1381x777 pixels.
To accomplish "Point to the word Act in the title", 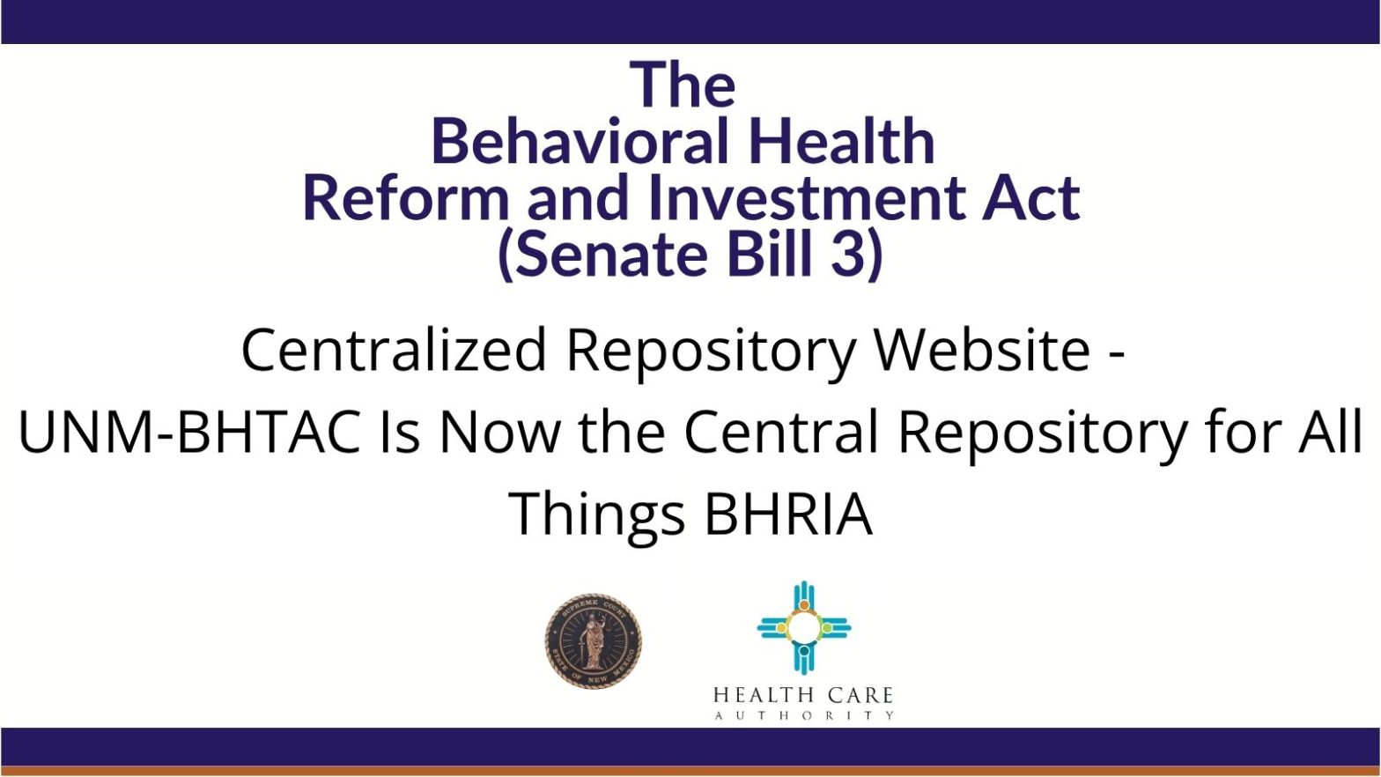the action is [x=1030, y=197].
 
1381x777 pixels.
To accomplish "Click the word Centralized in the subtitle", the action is [x=394, y=350].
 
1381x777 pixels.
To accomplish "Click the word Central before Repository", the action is [x=781, y=431].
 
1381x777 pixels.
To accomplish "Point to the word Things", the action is [x=596, y=514].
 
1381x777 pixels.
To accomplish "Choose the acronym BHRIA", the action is [x=788, y=513].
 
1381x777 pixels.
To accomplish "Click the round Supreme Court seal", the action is [x=593, y=640].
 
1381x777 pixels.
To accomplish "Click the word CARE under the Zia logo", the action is [x=860, y=696].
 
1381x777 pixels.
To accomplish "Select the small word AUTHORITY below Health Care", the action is [x=804, y=715].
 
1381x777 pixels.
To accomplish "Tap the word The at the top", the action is [x=683, y=85].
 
